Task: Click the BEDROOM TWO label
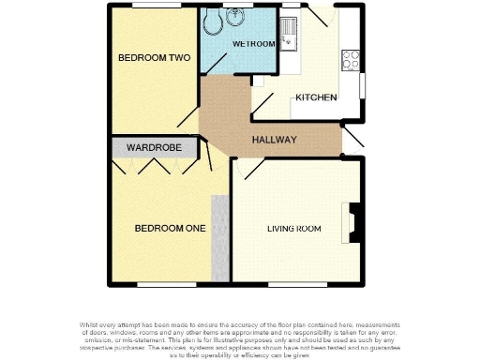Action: point(154,58)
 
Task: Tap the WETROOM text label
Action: point(254,44)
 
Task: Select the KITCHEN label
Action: point(316,97)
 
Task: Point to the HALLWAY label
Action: point(274,141)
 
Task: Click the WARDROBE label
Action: point(154,147)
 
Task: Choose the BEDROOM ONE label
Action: point(170,228)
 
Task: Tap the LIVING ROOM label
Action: point(294,229)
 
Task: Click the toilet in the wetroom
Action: point(215,20)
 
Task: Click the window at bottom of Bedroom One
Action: point(166,282)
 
